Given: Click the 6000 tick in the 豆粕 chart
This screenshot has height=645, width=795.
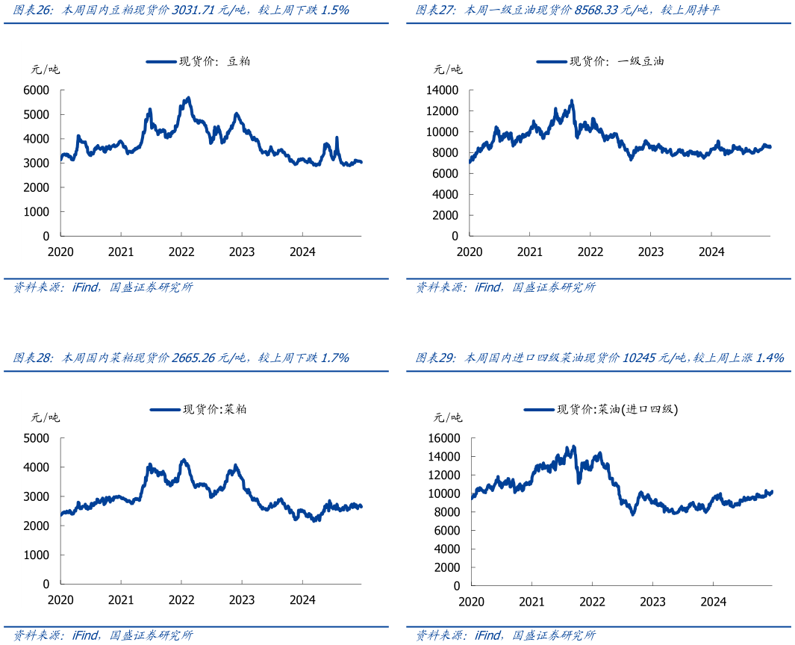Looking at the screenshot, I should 37,90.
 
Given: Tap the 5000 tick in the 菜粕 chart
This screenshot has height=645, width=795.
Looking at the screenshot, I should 37,438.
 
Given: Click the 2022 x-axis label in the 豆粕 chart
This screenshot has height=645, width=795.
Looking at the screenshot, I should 181,252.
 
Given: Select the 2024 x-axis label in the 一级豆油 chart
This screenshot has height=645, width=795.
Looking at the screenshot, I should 711,252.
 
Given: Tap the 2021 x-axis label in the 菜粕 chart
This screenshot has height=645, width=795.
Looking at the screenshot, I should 121,599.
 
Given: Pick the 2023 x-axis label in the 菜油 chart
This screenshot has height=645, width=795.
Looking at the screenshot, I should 652,602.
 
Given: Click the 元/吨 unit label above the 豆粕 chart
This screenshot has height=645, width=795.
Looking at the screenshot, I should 45,70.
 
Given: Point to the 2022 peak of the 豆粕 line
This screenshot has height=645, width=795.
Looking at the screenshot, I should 188,98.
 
